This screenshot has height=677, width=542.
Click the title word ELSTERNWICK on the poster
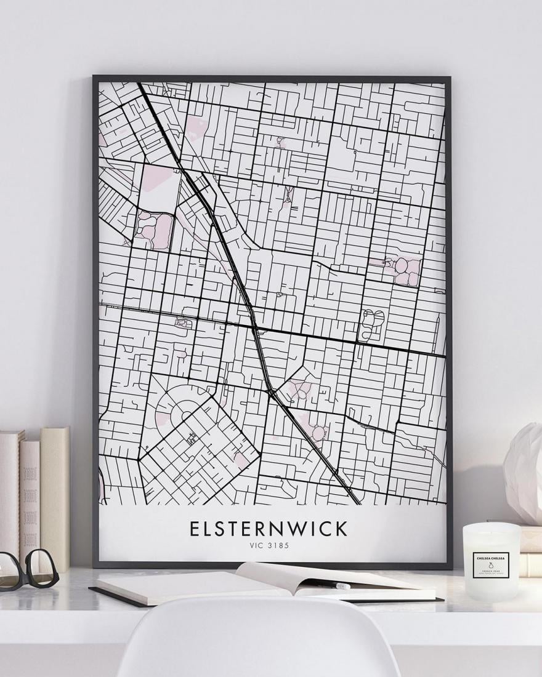[269, 529]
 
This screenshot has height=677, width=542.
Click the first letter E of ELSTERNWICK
[194, 529]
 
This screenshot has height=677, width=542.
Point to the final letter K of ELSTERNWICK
[342, 529]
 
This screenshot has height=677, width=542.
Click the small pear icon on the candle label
[491, 565]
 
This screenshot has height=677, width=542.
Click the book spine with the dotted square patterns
[30, 499]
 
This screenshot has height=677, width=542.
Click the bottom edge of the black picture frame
[271, 566]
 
